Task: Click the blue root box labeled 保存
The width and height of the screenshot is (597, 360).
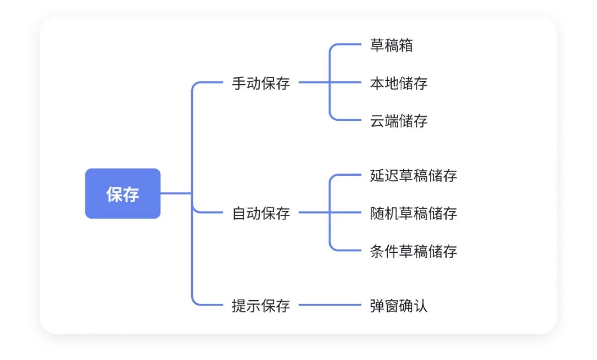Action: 122,193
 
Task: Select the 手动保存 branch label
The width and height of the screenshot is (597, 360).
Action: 261,83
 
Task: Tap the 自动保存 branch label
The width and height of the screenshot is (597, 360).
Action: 261,214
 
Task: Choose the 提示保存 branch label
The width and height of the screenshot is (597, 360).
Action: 261,305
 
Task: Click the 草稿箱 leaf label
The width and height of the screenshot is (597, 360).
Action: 391,45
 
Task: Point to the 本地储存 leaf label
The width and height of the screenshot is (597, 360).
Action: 398,83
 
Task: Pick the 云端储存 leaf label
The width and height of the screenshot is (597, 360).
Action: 398,121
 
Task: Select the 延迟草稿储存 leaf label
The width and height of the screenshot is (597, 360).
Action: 413,176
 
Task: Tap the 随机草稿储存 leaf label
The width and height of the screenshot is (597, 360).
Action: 413,213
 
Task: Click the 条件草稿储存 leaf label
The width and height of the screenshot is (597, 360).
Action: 413,251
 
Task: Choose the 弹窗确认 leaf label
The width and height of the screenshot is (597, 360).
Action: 398,305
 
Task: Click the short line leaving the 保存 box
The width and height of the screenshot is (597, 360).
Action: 175,193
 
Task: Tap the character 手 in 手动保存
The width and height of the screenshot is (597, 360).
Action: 239,83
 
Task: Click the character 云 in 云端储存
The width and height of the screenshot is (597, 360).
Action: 377,121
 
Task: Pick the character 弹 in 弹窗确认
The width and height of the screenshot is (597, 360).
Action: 377,305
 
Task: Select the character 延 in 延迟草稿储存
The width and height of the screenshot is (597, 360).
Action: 377,176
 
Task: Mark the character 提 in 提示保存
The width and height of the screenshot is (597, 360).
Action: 239,305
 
